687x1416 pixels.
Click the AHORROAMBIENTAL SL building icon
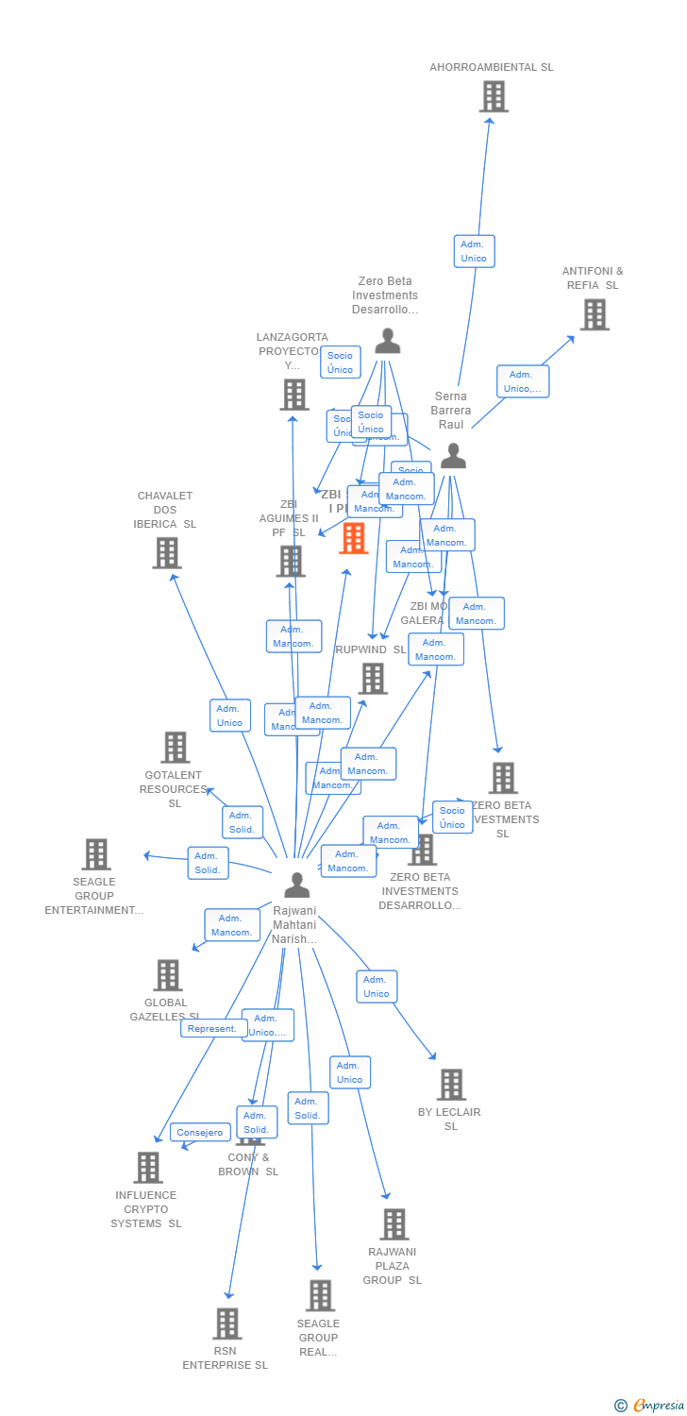[494, 96]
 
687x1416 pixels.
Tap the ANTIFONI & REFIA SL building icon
[594, 314]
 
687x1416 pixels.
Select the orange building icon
[354, 538]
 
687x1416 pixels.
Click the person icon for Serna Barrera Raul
[453, 456]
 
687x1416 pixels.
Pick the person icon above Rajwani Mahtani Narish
[297, 885]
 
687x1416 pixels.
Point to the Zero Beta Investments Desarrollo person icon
[387, 341]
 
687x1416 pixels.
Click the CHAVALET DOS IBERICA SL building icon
[166, 553]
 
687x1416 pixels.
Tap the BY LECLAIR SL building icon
[451, 1085]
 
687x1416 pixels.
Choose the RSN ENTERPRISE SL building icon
[226, 1323]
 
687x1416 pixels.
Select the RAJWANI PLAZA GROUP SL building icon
[394, 1224]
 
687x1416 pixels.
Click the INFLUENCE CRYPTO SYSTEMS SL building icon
[147, 1168]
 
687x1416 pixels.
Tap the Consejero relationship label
[200, 1133]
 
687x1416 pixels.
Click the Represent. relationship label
[213, 1029]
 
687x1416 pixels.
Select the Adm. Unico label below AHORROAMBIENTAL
[474, 251]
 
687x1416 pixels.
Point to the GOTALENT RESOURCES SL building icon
[175, 748]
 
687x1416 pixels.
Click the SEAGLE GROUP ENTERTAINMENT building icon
[95, 854]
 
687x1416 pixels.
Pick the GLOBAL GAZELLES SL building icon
[167, 975]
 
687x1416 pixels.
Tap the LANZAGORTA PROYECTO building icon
[294, 395]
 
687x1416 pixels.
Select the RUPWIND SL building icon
[373, 678]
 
